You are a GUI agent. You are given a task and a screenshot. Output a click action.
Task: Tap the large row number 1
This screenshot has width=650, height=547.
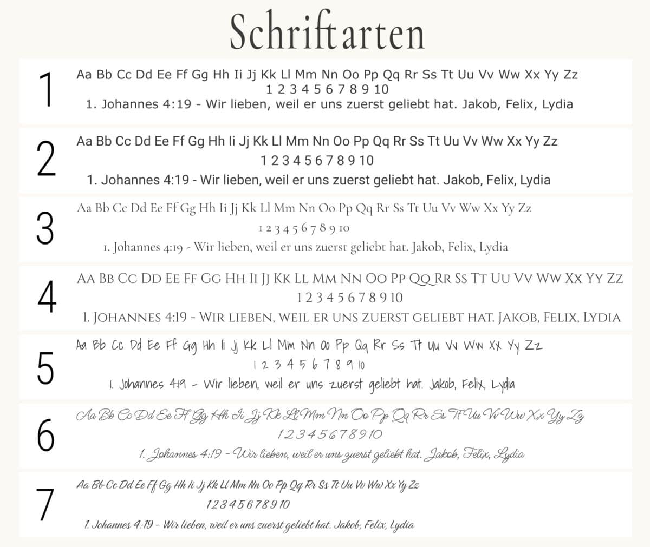(48, 90)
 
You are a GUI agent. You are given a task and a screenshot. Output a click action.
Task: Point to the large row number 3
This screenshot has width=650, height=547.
(45, 228)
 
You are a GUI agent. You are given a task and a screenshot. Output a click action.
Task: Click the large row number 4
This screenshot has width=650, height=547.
(47, 297)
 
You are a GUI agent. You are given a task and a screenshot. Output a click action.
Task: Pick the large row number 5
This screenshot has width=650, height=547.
(46, 367)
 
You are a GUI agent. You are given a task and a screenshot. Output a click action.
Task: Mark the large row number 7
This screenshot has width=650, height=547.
(47, 504)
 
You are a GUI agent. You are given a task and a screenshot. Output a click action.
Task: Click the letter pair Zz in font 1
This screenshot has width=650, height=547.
(570, 75)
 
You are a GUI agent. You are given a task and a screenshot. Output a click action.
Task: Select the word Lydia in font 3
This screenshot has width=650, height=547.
(493, 247)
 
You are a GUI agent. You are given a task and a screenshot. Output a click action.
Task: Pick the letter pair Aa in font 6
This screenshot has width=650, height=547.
(86, 416)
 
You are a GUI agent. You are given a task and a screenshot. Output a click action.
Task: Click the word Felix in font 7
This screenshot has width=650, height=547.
(375, 525)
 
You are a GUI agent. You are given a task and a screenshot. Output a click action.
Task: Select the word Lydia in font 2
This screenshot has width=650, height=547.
(535, 180)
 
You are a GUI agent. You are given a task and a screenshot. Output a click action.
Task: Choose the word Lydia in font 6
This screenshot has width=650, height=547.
(511, 454)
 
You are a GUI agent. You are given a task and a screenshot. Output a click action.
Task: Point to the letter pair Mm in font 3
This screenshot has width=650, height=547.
(286, 208)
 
